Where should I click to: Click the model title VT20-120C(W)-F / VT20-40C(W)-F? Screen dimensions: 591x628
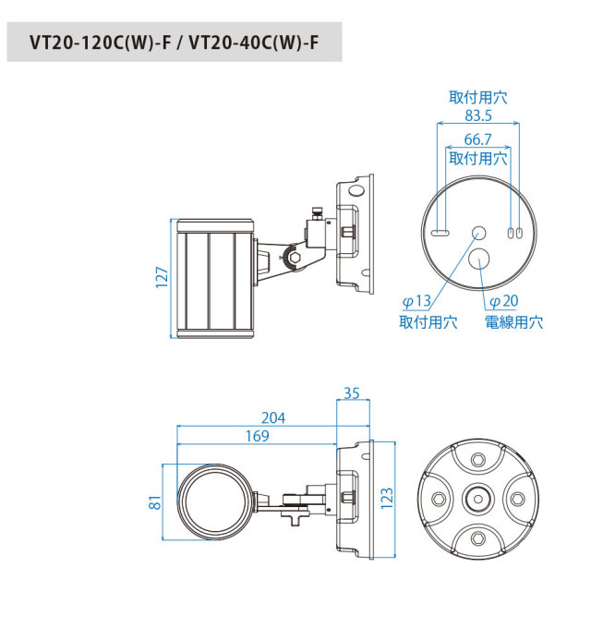(x=175, y=42)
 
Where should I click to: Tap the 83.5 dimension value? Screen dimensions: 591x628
(x=478, y=115)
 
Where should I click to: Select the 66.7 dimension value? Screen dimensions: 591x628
(x=477, y=139)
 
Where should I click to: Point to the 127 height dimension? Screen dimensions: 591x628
(x=162, y=277)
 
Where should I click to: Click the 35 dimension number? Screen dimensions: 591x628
(x=352, y=393)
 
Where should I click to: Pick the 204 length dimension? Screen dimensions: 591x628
(x=273, y=418)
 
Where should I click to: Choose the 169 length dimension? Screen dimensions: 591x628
(x=257, y=436)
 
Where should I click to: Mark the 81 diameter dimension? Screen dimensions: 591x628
(x=155, y=502)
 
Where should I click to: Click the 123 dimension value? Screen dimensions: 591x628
(x=387, y=499)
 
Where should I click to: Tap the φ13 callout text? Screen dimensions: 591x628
(x=416, y=301)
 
